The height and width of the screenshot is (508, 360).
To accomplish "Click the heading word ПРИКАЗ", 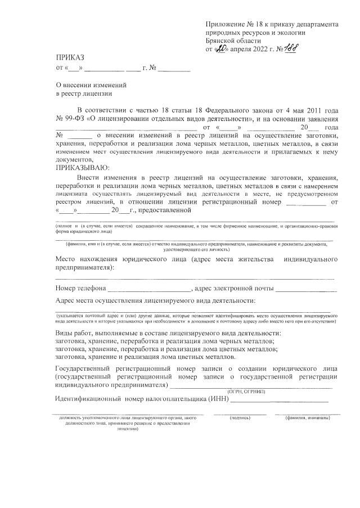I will pyautogui.click(x=70, y=58).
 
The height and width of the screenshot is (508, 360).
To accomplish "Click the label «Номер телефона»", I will pyautogui.click(x=81, y=289).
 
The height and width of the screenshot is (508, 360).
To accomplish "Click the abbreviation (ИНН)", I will pyautogui.click(x=218, y=399).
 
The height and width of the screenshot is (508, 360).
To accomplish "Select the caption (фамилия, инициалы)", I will pyautogui.click(x=307, y=419).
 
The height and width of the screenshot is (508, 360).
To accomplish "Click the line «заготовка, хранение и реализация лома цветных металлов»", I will pyautogui.click(x=149, y=357).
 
